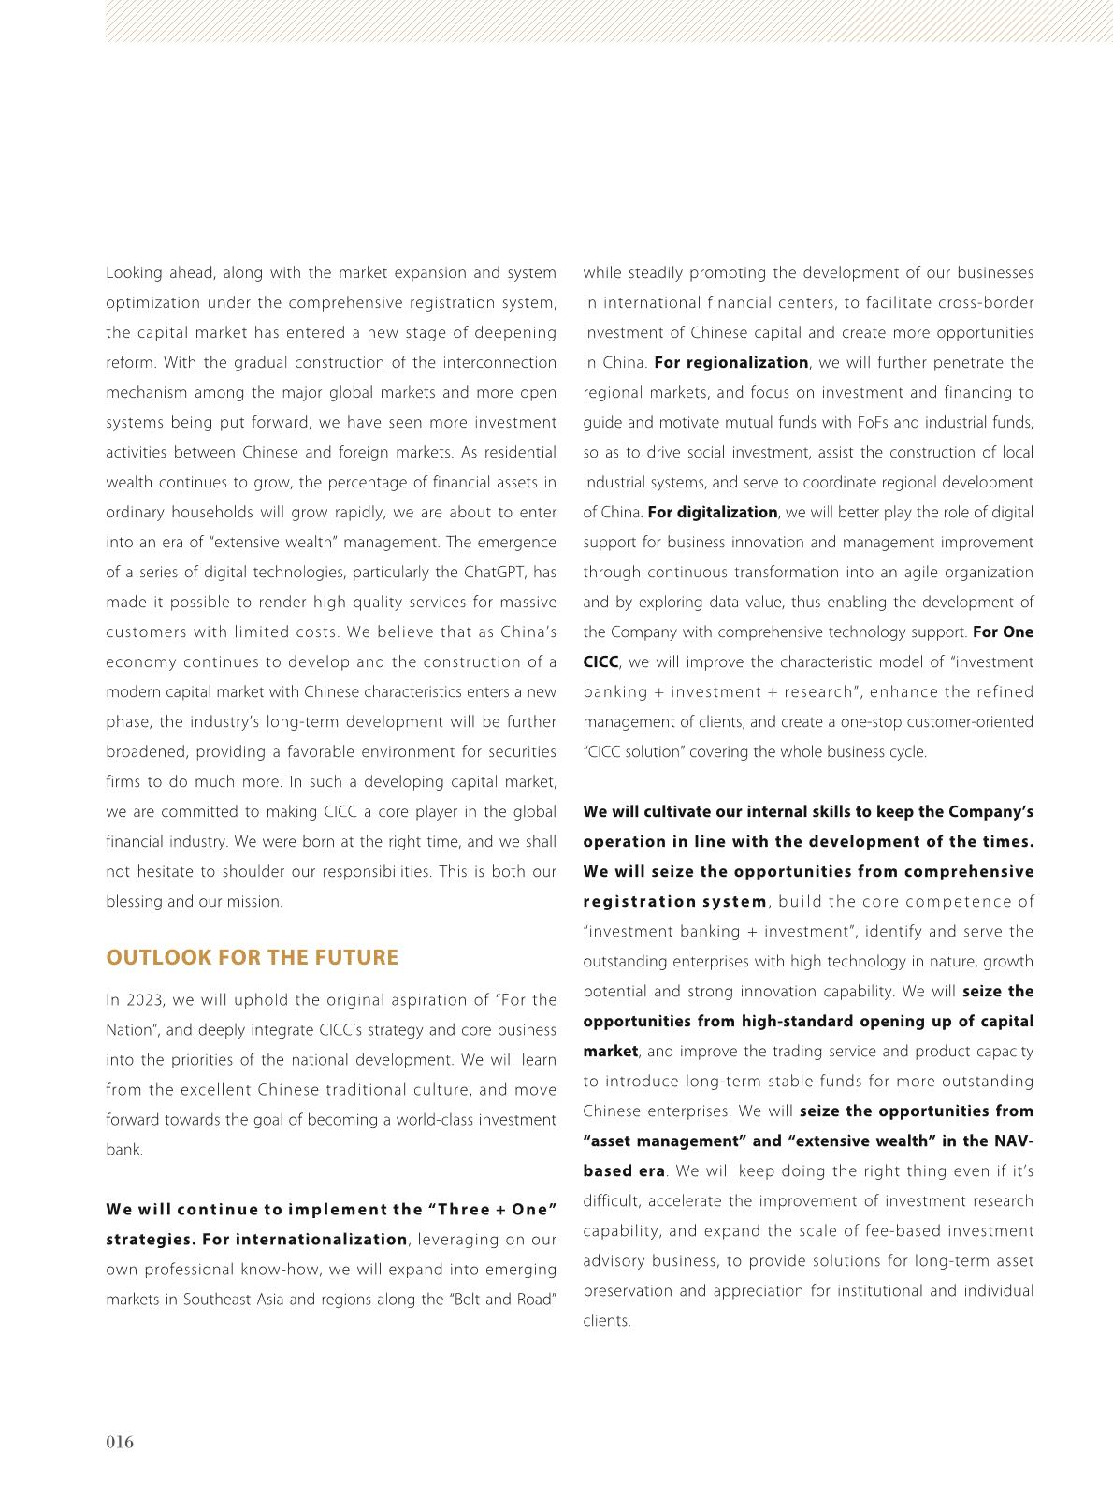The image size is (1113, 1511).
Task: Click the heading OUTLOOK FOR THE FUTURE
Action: pos(252,957)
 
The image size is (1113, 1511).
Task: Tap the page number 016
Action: pos(120,1442)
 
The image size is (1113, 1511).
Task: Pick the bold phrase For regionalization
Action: pos(730,362)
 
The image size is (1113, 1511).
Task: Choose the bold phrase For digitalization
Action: pos(712,512)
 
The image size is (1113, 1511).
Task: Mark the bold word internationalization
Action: pos(321,1240)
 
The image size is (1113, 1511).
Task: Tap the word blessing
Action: pos(134,901)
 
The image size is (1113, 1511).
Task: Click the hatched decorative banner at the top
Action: pos(608,22)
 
